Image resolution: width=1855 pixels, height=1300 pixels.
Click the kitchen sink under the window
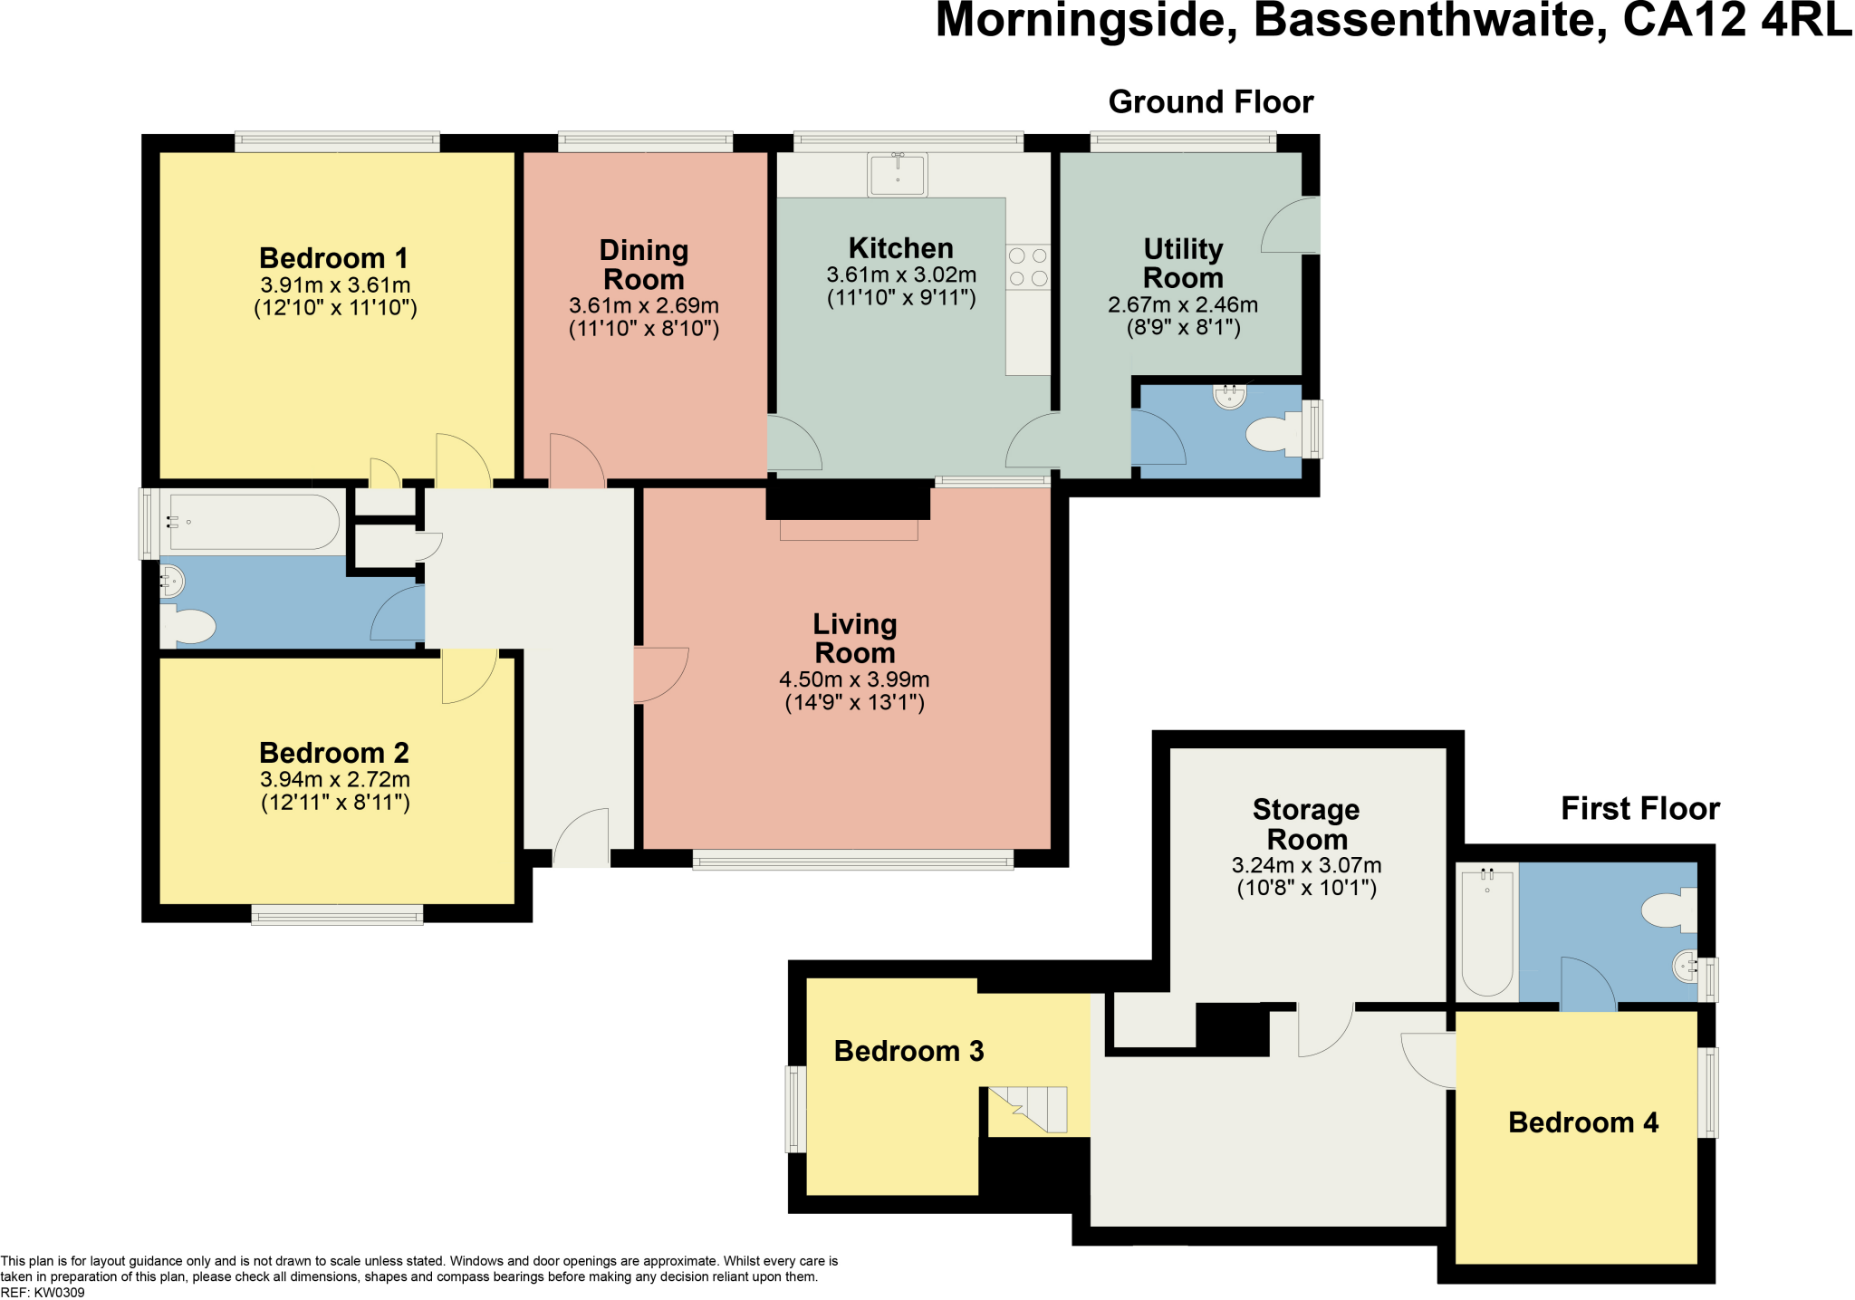(897, 174)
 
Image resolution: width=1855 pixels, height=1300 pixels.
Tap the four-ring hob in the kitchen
(1028, 267)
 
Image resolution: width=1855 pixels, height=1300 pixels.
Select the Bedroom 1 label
(333, 258)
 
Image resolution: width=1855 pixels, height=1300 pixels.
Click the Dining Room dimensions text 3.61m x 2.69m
(643, 305)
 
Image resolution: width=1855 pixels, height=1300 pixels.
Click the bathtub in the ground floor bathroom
(254, 522)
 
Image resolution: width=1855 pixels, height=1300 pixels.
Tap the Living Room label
(854, 639)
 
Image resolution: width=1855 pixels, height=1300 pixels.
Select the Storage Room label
(1306, 823)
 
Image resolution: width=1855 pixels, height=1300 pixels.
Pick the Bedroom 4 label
(1582, 1122)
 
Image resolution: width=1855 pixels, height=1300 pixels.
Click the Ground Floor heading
(1210, 102)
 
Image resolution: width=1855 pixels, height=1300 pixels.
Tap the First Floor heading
(1639, 808)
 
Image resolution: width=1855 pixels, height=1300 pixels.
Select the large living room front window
(852, 860)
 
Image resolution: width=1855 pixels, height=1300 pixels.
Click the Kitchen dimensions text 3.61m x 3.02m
(900, 274)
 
